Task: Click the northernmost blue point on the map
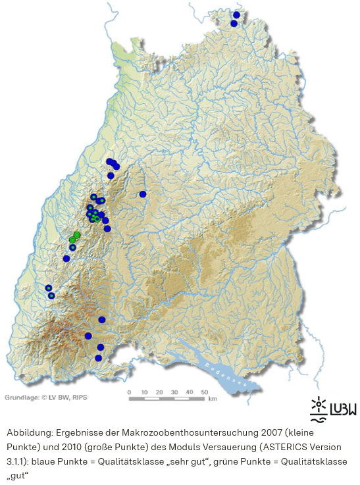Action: (x=237, y=14)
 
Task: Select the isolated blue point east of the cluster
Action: (x=142, y=193)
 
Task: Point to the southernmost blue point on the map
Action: (x=98, y=358)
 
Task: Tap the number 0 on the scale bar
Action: (x=129, y=392)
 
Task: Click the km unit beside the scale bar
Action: (x=213, y=398)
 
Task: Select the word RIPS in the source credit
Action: (x=79, y=397)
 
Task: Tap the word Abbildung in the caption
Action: (x=30, y=433)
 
